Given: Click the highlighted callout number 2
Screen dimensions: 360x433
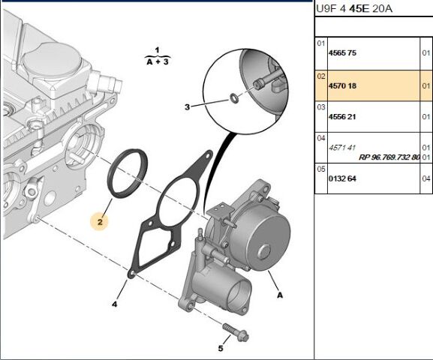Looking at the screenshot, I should click(x=99, y=222).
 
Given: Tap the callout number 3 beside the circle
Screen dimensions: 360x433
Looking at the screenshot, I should click(x=188, y=107).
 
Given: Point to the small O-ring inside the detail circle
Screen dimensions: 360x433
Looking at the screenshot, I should click(x=235, y=97).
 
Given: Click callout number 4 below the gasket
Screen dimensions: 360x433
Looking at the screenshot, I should click(x=115, y=304).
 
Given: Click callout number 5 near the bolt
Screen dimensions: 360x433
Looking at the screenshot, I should click(x=221, y=348).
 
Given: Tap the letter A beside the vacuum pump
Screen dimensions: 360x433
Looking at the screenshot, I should click(x=279, y=295).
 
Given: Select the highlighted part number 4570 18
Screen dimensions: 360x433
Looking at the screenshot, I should click(x=344, y=86).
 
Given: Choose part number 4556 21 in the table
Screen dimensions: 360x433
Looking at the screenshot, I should click(x=344, y=118).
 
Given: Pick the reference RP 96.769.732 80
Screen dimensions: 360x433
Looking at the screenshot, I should click(x=389, y=157).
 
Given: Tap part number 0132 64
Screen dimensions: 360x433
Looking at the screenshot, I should click(x=344, y=178).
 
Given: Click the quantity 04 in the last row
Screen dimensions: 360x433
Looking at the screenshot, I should click(x=425, y=178).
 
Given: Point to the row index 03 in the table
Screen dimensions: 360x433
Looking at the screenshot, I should click(x=320, y=107).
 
